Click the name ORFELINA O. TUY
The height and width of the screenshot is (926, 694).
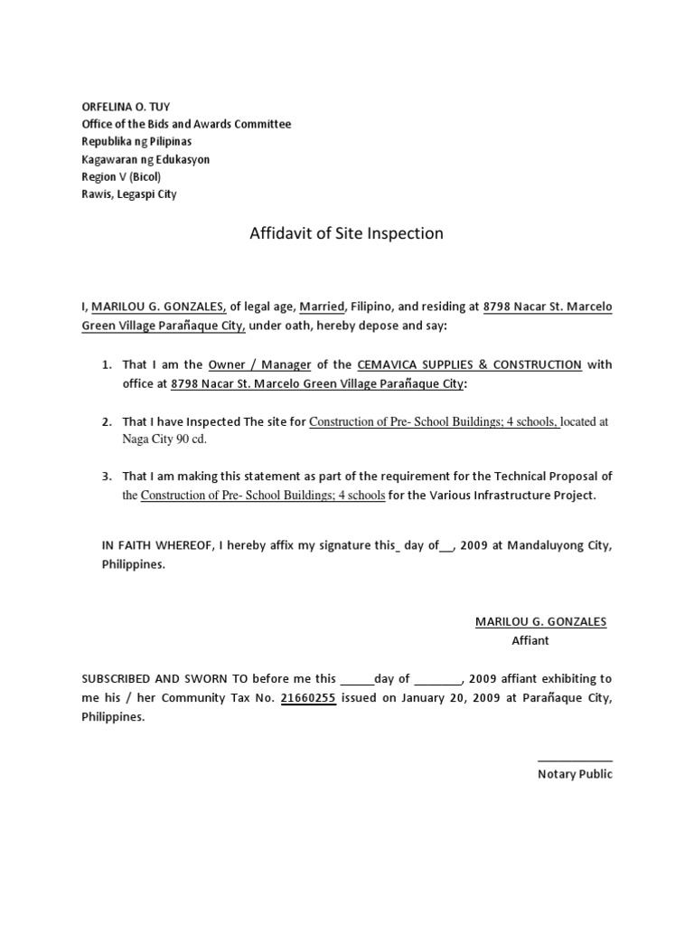click(126, 107)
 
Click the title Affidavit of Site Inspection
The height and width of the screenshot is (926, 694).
click(346, 233)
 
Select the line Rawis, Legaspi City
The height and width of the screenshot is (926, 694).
click(129, 194)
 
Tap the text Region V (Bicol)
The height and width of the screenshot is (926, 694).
click(121, 176)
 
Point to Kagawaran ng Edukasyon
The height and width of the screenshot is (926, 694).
click(145, 159)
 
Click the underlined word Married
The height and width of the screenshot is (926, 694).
click(323, 307)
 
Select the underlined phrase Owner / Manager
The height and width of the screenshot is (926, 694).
click(259, 364)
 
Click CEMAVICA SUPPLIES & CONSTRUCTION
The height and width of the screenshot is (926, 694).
click(469, 364)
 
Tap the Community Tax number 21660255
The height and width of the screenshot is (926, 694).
click(308, 698)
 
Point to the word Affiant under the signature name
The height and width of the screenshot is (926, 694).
click(530, 640)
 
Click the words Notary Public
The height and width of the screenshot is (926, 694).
click(575, 774)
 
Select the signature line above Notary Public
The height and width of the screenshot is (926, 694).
click(575, 761)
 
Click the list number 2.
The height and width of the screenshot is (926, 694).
click(106, 421)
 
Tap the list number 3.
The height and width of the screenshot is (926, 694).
click(106, 476)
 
